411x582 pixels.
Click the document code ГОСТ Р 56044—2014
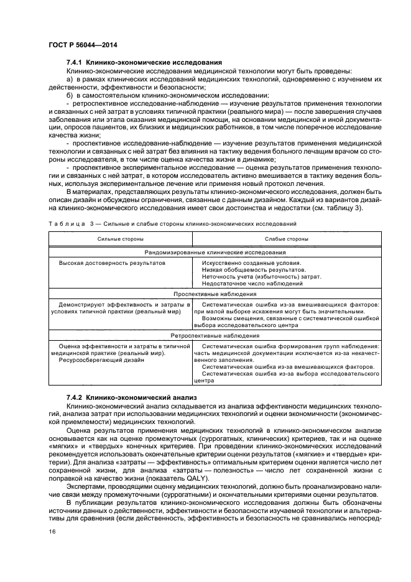[82, 45]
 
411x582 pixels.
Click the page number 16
[52, 531]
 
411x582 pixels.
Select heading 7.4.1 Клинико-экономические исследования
[144, 63]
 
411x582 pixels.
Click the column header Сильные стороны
[120, 239]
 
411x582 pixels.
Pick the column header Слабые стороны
[285, 239]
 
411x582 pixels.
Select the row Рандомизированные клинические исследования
[215, 252]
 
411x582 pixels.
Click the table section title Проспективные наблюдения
[215, 292]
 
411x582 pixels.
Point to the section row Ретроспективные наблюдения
[215, 335]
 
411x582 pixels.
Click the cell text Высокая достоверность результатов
[112, 263]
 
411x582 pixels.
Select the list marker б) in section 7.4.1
[69, 95]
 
